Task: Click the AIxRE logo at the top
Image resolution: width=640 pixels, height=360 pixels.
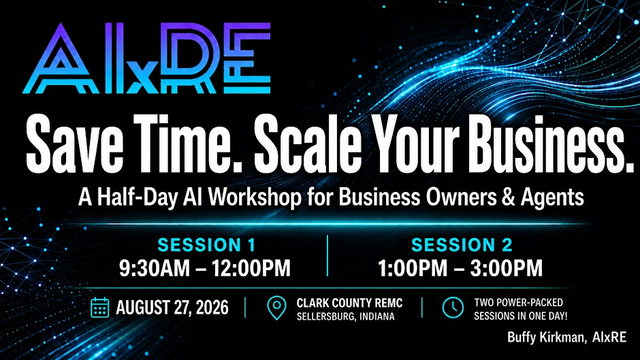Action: (146, 58)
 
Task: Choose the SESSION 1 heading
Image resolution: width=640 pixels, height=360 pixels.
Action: (206, 245)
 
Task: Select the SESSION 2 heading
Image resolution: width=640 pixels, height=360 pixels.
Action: (462, 245)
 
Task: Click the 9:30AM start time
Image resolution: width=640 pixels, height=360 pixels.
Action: (155, 268)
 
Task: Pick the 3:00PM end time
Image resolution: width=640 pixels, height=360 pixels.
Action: (507, 268)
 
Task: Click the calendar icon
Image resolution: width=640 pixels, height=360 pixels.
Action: (99, 308)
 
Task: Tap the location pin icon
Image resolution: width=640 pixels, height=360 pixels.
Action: (276, 308)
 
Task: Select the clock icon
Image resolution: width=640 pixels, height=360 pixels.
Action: (453, 308)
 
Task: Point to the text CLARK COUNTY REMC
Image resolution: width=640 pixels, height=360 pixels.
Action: (349, 303)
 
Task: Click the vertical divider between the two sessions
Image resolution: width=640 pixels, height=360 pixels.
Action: (327, 256)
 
